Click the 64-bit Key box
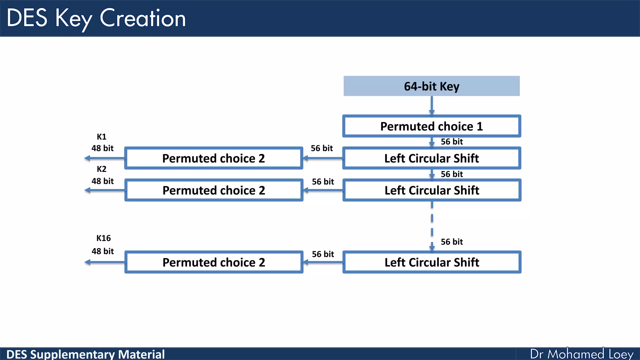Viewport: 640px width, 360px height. click(x=432, y=86)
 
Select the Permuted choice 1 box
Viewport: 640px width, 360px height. click(x=432, y=126)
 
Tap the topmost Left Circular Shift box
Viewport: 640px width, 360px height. click(x=432, y=158)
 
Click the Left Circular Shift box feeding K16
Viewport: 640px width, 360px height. click(x=432, y=262)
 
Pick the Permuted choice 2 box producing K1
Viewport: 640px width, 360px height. click(x=213, y=158)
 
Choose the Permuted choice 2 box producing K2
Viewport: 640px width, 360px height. click(x=213, y=190)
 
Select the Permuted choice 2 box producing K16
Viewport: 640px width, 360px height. click(x=213, y=262)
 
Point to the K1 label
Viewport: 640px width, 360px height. click(x=102, y=137)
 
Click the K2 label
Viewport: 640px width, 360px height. click(x=102, y=169)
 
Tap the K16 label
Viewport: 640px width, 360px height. click(x=103, y=238)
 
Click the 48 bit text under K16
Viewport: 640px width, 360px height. click(x=102, y=251)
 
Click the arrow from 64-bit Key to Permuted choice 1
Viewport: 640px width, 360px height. click(x=432, y=106)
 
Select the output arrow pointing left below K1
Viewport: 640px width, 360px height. click(x=104, y=158)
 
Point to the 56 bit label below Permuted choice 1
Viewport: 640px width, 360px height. click(x=452, y=142)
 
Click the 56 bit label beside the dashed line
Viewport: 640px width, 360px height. click(x=452, y=242)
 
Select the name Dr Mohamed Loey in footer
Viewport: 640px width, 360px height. click(x=582, y=354)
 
